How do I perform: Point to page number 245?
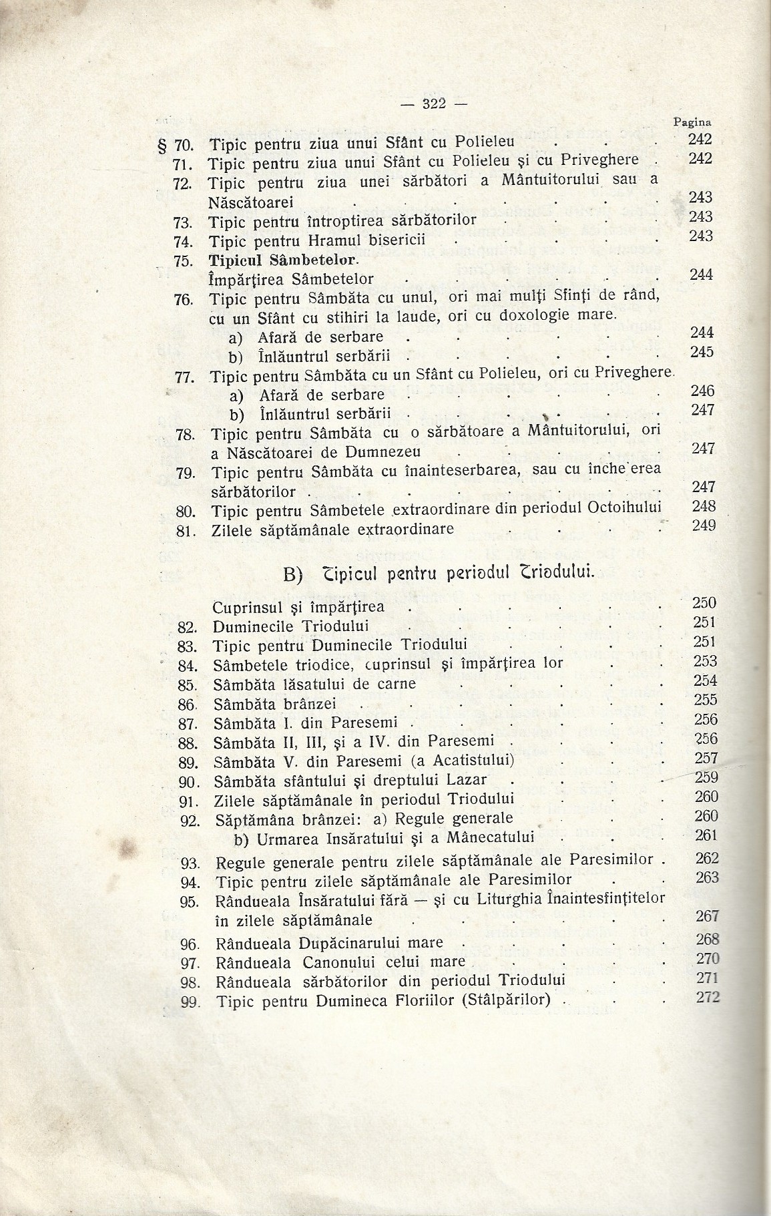[x=702, y=352]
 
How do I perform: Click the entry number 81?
[x=185, y=531]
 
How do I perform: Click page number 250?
[x=704, y=603]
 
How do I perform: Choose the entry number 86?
[x=189, y=704]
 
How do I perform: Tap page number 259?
[x=706, y=777]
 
